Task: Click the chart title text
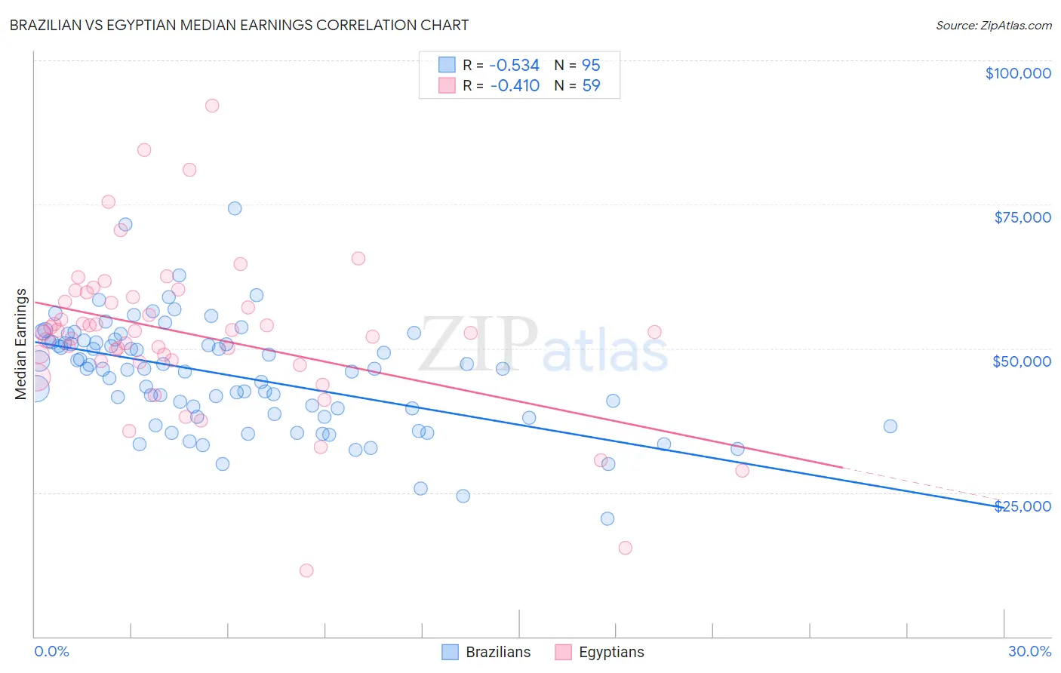(x=239, y=25)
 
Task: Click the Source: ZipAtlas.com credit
(x=993, y=25)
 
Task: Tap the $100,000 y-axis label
(x=1018, y=73)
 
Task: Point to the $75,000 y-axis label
(x=1022, y=217)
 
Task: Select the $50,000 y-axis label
(x=1022, y=361)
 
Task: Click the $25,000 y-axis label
(x=1022, y=506)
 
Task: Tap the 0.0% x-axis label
(x=51, y=651)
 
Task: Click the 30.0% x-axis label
(x=1029, y=651)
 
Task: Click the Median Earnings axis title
(x=21, y=344)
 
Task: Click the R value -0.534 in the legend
(x=515, y=66)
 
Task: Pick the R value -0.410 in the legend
(x=515, y=85)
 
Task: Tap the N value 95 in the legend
(x=591, y=66)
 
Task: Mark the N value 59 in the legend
(x=591, y=85)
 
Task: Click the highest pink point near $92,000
(x=212, y=106)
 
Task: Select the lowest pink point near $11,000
(x=306, y=570)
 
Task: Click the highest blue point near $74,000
(x=235, y=208)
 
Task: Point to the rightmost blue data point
(x=890, y=426)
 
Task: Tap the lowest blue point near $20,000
(x=607, y=518)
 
